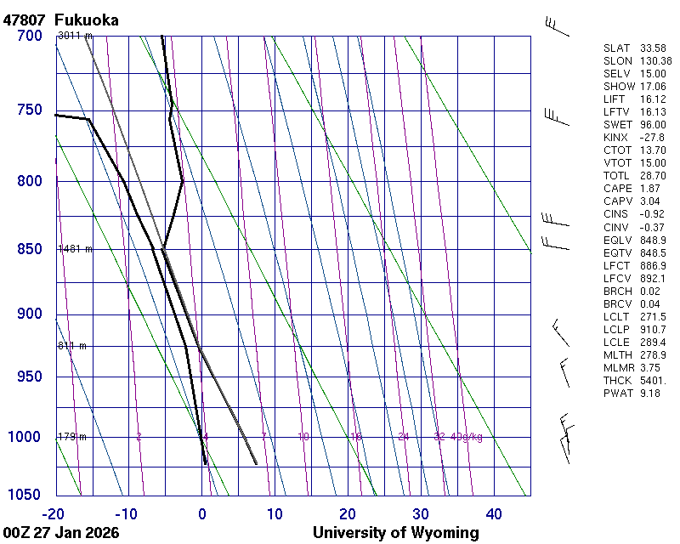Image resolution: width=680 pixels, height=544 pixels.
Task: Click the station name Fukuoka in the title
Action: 86,20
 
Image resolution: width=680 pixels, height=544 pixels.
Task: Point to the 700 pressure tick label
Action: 29,36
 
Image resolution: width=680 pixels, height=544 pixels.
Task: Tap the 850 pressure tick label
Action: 29,249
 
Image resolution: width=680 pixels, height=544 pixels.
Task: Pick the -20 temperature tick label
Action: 54,513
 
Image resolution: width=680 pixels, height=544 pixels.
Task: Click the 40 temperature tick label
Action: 494,513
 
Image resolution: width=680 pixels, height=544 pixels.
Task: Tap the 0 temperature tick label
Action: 201,513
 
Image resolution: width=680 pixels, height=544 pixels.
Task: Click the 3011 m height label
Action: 75,36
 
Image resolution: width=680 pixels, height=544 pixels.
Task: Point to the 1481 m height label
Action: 75,249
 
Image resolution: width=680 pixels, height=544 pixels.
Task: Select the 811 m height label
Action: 72,346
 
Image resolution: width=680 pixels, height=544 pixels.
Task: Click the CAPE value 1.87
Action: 651,189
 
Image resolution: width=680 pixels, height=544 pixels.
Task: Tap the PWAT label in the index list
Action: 618,394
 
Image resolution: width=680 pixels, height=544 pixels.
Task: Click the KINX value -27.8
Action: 653,138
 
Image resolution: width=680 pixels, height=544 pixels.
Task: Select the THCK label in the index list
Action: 618,381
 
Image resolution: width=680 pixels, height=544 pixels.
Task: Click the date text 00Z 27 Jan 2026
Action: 61,533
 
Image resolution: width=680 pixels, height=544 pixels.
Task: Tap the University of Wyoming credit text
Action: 395,533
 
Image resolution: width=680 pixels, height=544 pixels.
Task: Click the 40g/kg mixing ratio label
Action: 467,437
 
